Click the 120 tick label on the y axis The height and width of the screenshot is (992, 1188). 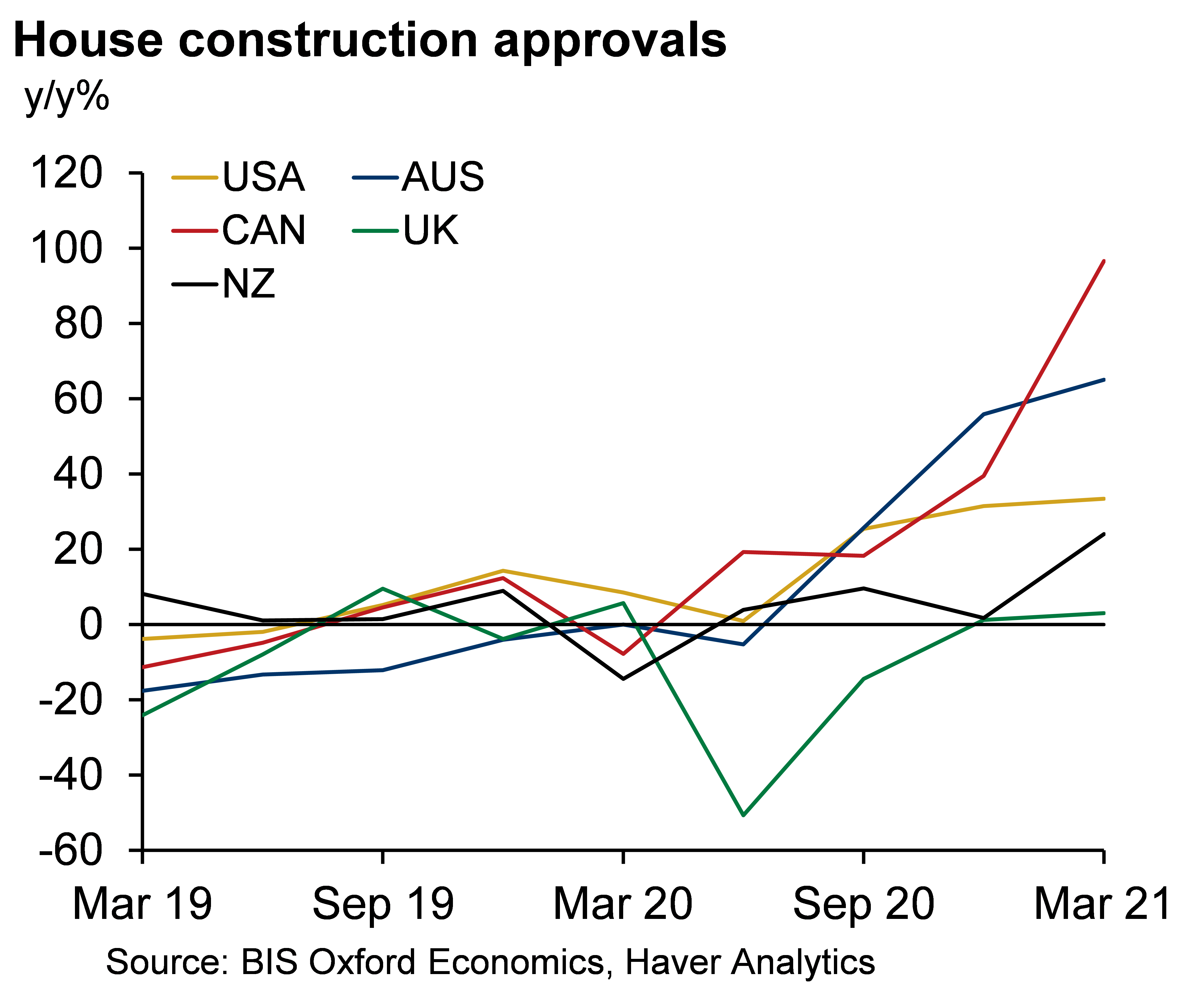67,173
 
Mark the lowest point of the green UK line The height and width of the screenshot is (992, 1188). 743,815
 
